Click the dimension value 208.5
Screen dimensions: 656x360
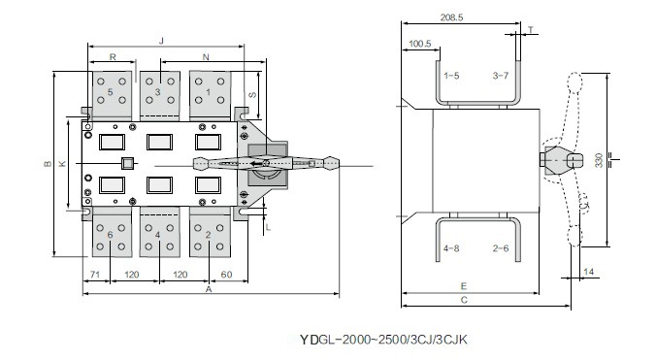(451, 17)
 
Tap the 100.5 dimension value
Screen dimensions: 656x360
(419, 44)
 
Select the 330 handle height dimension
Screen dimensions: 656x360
(600, 160)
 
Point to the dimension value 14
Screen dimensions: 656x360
(589, 272)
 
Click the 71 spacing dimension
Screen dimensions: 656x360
(95, 275)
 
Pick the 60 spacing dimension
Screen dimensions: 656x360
(226, 275)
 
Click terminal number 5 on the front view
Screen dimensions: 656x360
(111, 92)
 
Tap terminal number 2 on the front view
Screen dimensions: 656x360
(208, 235)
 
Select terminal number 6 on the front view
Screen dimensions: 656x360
(110, 235)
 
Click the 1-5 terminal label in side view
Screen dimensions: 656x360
(451, 76)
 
